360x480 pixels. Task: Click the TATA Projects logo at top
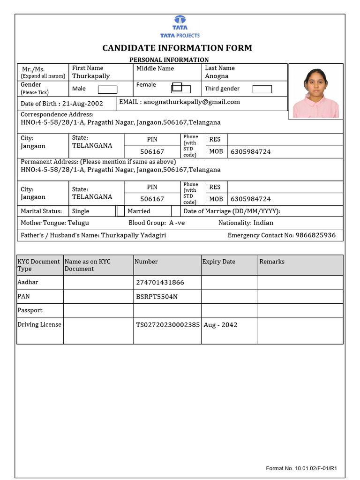[x=180, y=27]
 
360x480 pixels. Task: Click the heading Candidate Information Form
[x=177, y=48]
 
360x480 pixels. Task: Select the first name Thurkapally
[x=91, y=76]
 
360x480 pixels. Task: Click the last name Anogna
[x=217, y=76]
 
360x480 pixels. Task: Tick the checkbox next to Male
[x=107, y=89]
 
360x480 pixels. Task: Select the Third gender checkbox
[x=262, y=89]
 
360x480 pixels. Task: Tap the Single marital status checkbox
[x=120, y=211]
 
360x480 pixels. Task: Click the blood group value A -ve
[x=177, y=223]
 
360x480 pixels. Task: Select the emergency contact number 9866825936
[x=315, y=235]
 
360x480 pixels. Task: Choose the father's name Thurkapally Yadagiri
[x=134, y=235]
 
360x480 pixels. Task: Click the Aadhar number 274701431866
[x=160, y=283]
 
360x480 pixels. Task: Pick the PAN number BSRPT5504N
[x=157, y=297]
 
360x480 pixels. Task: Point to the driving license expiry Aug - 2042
[x=220, y=325]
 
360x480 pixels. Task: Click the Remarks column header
[x=272, y=262]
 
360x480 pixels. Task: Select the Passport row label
[x=30, y=310]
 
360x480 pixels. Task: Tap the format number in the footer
[x=302, y=468]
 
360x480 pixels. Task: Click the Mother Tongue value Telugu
[x=78, y=223]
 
